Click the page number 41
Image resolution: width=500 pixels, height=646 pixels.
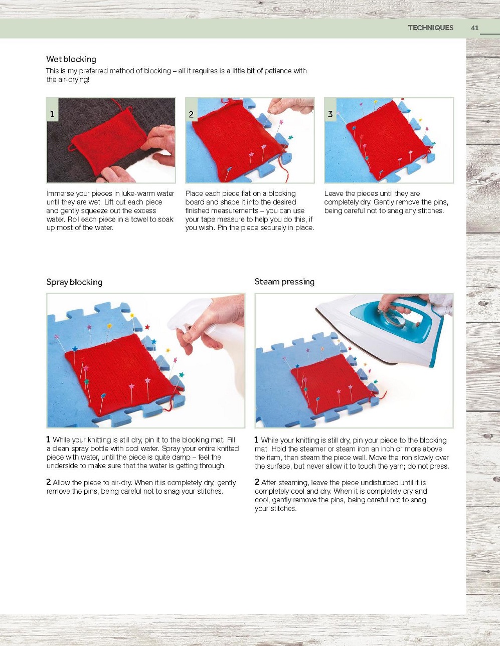pyautogui.click(x=475, y=28)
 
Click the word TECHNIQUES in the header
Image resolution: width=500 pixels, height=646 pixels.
pyautogui.click(x=430, y=28)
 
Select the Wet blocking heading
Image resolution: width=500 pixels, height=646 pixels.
pyautogui.click(x=71, y=59)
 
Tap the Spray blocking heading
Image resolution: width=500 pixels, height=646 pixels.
pyautogui.click(x=74, y=282)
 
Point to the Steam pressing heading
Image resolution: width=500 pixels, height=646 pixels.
pyautogui.click(x=284, y=282)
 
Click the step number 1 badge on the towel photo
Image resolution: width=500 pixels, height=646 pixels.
pyautogui.click(x=52, y=114)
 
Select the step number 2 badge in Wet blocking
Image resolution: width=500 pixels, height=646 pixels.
pyautogui.click(x=191, y=114)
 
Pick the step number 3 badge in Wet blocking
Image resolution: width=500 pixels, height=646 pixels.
pyautogui.click(x=330, y=114)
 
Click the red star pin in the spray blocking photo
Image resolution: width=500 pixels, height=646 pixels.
pyautogui.click(x=147, y=327)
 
